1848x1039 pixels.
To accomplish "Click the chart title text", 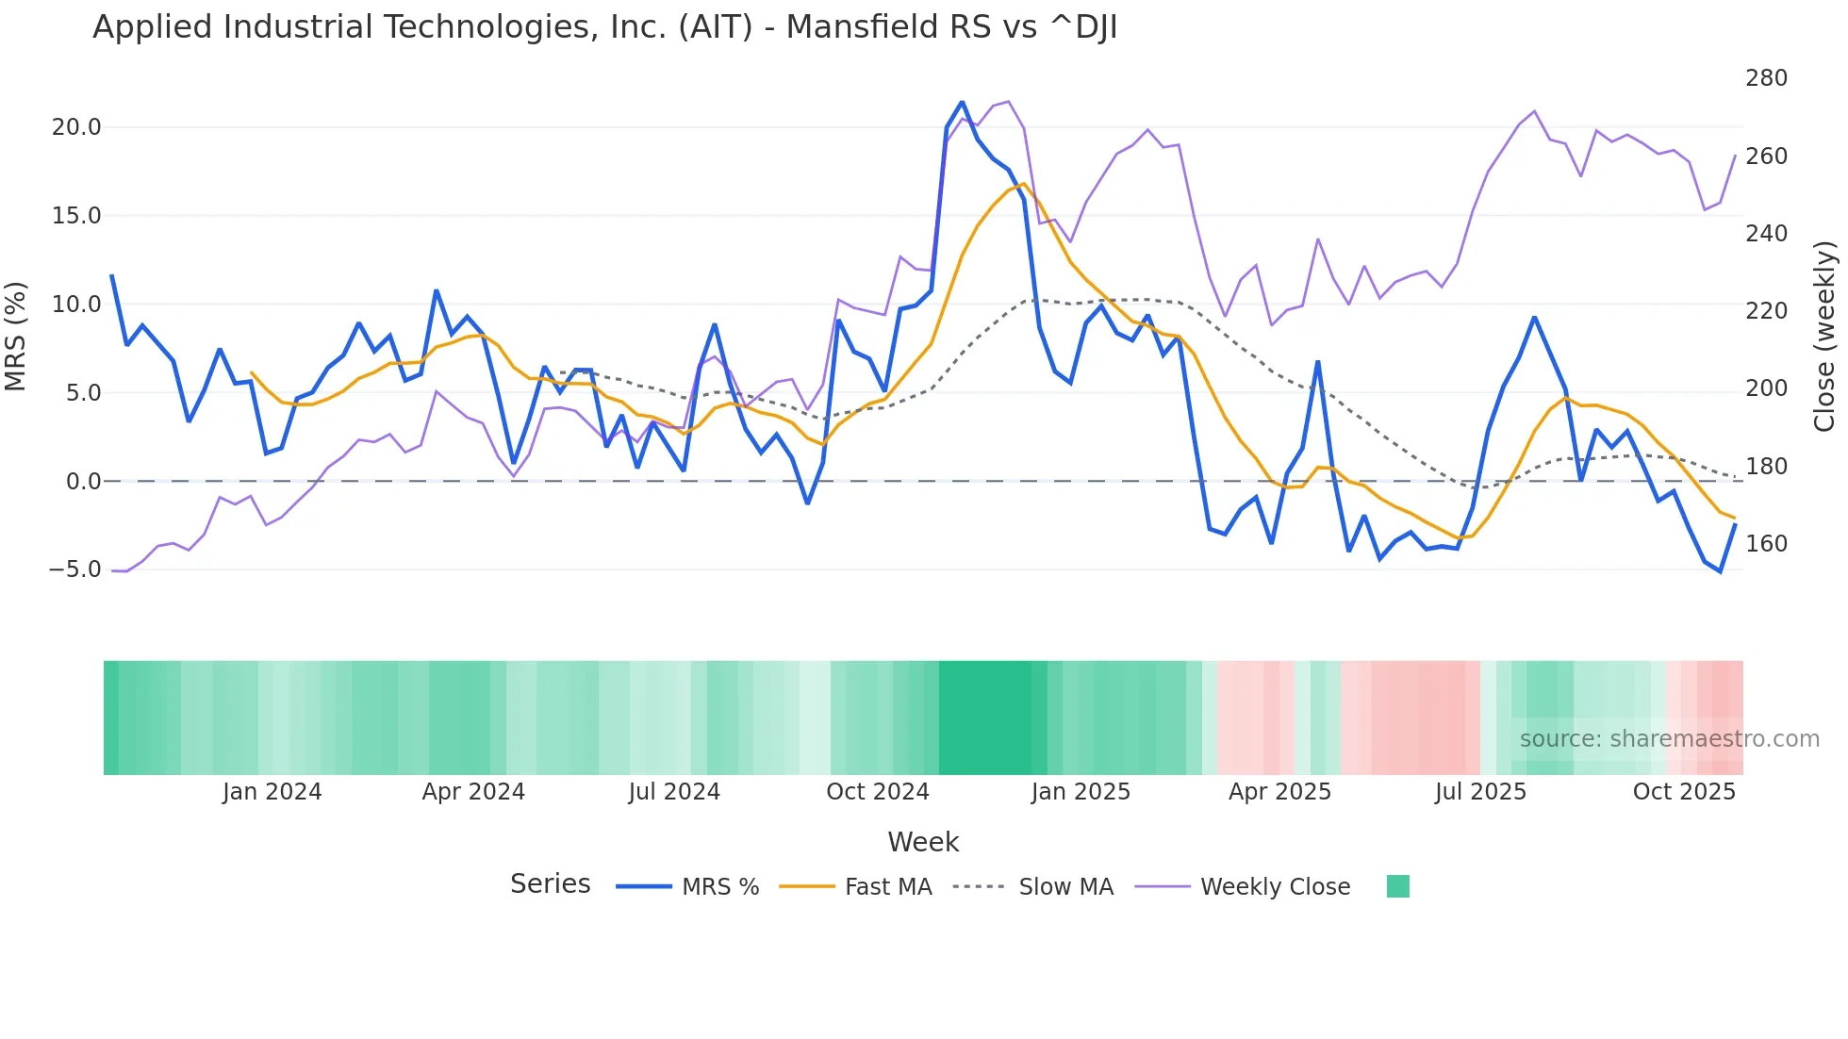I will click(604, 27).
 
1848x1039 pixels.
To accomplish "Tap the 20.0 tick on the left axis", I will click(75, 127).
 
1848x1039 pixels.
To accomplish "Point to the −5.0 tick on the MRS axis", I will click(74, 569).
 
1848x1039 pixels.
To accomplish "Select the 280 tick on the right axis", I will click(1766, 78).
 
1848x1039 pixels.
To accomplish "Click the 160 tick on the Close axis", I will click(1766, 544).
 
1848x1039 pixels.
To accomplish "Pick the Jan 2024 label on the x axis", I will click(272, 792).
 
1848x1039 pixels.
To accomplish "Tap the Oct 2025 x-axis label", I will click(1684, 792).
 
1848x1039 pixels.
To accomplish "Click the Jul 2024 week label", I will click(674, 792).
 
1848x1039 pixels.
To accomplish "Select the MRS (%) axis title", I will click(15, 337).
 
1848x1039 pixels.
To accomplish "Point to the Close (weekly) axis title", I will click(1824, 337).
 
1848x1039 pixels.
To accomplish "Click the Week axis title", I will click(923, 842).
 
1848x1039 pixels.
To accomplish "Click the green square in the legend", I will click(1398, 886).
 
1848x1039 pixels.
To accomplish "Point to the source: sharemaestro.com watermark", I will click(1669, 739).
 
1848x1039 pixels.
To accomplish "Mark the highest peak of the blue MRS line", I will click(962, 102).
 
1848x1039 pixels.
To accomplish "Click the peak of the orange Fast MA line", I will click(1024, 184).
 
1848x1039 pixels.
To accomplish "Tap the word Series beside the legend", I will click(550, 884).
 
